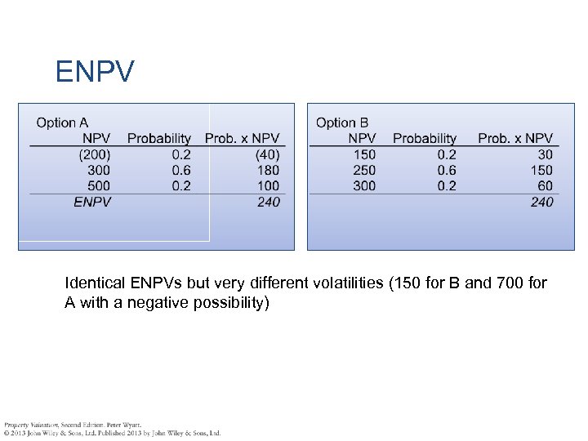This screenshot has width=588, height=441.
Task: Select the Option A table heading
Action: [62, 123]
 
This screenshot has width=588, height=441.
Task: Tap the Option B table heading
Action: [342, 123]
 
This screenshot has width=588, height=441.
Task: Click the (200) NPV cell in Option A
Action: [95, 154]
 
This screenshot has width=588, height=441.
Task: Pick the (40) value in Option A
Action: [267, 154]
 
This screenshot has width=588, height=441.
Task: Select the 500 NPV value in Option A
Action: [99, 185]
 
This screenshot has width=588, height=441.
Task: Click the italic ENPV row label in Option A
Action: [92, 202]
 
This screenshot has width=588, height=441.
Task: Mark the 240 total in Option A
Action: [268, 202]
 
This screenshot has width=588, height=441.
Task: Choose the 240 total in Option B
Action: [541, 202]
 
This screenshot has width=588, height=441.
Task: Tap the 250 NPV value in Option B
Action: [364, 170]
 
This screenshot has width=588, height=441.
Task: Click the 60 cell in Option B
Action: [545, 185]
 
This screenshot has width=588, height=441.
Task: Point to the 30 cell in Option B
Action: [545, 154]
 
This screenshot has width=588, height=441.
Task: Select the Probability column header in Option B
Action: [424, 139]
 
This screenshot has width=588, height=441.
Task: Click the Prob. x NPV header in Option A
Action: [242, 139]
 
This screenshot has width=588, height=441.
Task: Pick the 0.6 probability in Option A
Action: [181, 170]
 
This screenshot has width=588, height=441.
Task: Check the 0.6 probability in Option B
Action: [447, 170]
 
